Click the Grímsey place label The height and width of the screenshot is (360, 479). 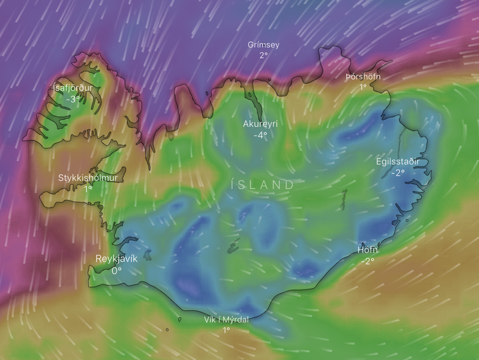tap(263, 45)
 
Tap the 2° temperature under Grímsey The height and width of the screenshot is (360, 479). tap(263, 55)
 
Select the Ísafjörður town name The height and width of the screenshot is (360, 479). tap(73, 88)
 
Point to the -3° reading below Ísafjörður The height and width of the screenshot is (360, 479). tap(73, 99)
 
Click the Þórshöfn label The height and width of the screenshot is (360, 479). tap(364, 77)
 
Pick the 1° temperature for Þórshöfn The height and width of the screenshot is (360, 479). tap(364, 87)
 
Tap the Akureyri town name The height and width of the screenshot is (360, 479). tap(260, 124)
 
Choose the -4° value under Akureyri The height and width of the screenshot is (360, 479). tap(260, 135)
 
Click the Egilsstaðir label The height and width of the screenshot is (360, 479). tap(398, 161)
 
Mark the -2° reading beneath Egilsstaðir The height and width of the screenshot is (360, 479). tap(398, 172)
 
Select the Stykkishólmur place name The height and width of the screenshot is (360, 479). tap(88, 178)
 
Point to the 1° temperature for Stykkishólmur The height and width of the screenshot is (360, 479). tap(88, 189)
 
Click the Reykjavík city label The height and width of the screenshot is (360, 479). tap(116, 259)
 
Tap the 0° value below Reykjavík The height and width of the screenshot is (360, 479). tap(116, 270)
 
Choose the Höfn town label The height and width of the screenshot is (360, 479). tap(367, 250)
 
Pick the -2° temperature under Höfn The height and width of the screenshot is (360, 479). tap(367, 261)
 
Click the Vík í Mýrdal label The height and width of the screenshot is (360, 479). tap(226, 319)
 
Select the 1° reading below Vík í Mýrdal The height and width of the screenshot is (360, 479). tap(226, 330)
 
